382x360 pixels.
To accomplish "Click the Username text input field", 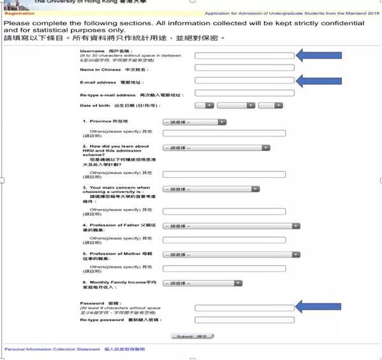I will tap(244, 56).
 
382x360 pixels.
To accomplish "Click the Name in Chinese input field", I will tap(244, 68).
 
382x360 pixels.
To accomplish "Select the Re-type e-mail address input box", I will tap(244, 93).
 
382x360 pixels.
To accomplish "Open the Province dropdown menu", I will tap(194, 122).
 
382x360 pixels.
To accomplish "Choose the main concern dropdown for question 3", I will tap(211, 189).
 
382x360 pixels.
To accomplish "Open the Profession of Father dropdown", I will tap(232, 226).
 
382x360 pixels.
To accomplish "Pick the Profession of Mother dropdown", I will tap(232, 254).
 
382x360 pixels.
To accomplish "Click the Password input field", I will tap(244, 307).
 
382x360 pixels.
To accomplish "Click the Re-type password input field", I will tap(244, 320).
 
